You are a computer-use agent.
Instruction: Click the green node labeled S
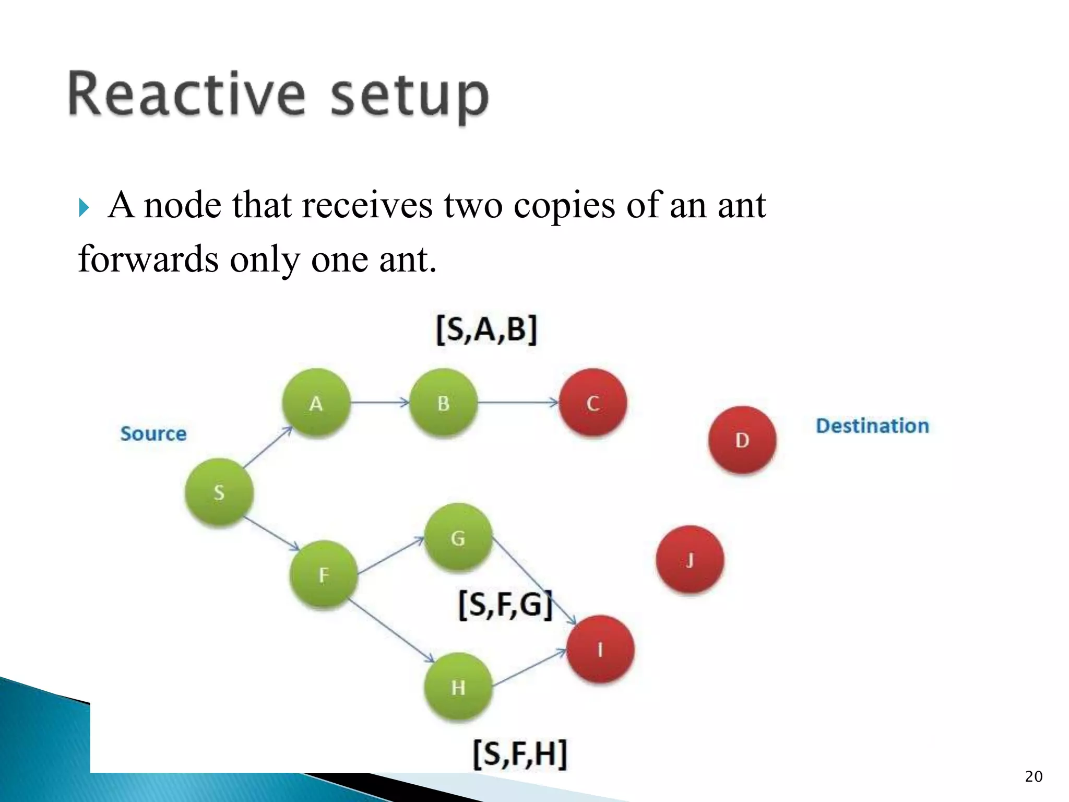219,492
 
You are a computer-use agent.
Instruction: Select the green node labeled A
316,403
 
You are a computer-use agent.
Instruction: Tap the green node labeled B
443,403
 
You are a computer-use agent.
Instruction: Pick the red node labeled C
592,403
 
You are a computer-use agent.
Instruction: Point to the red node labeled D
742,440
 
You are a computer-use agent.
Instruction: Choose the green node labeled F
324,574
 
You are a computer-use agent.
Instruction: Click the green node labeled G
458,537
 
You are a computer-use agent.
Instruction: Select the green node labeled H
458,687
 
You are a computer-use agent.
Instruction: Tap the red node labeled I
600,649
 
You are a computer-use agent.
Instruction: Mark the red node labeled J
690,560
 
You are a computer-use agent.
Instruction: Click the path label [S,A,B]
486,329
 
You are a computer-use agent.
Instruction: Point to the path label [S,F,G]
505,605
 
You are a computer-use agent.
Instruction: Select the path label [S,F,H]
519,753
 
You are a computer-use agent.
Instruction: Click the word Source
153,433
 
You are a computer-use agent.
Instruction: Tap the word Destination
872,426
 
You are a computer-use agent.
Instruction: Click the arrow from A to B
379,403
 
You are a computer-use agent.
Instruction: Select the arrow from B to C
518,403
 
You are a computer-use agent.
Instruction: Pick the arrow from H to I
529,668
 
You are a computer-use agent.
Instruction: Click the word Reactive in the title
186,95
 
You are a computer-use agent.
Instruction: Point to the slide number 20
1034,776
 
